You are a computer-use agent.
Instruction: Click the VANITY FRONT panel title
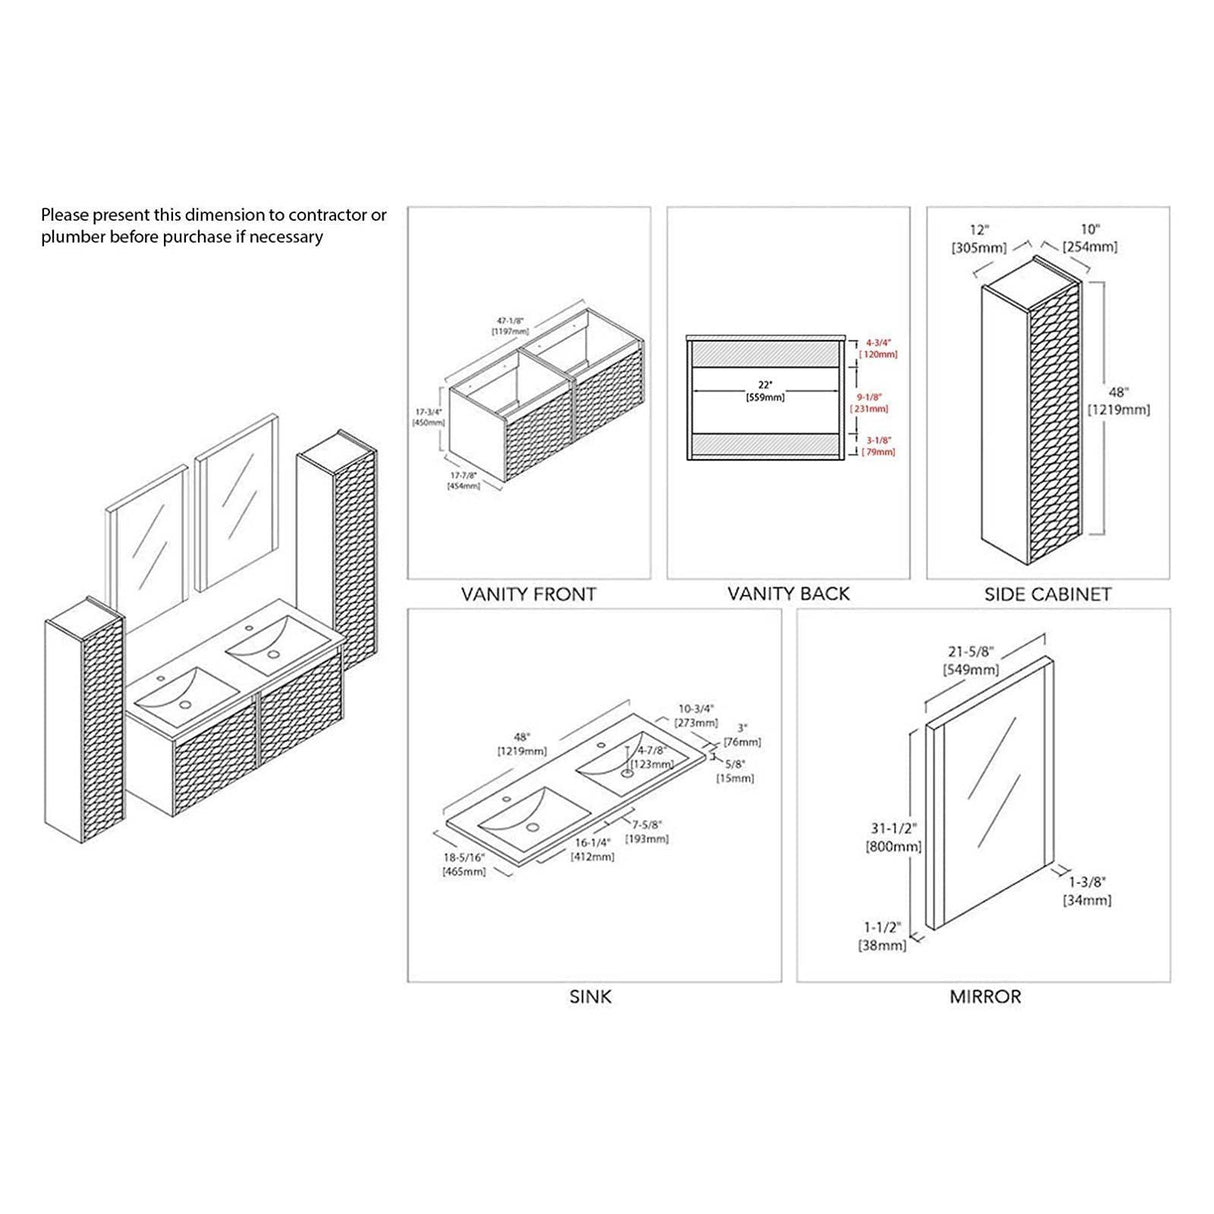pyautogui.click(x=528, y=594)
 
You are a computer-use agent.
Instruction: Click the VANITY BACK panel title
pyautogui.click(x=788, y=594)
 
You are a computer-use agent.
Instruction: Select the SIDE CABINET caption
pyautogui.click(x=1047, y=594)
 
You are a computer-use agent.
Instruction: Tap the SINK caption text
pyautogui.click(x=590, y=996)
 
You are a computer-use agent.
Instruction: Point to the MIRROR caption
pyautogui.click(x=985, y=996)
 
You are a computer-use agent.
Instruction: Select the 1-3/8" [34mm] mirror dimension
pyautogui.click(x=1087, y=891)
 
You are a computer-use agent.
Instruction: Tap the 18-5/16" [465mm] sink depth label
pyautogui.click(x=464, y=865)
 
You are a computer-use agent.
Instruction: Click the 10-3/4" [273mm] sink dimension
pyautogui.click(x=697, y=714)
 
